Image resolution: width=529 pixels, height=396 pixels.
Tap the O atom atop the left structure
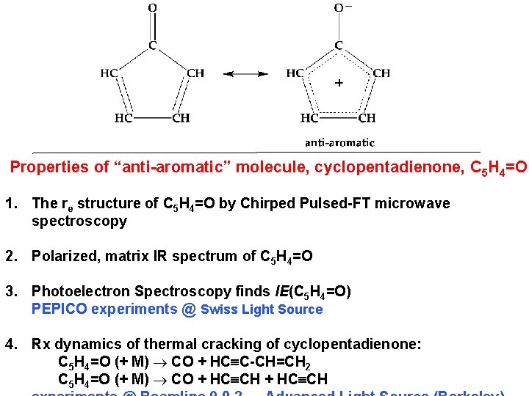[x=152, y=8]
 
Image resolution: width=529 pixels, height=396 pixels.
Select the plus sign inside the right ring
[x=339, y=83]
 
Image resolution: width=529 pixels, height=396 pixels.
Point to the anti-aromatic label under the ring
[x=339, y=142]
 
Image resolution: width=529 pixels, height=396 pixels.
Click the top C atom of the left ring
[x=152, y=45]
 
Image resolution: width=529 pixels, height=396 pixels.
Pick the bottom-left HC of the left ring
[x=123, y=117]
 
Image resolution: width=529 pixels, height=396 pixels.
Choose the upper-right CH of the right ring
[x=381, y=73]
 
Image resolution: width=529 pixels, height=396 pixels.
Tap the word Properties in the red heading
[x=49, y=167]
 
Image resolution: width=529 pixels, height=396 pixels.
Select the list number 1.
[x=10, y=203]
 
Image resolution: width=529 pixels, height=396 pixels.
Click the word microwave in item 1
[x=414, y=203]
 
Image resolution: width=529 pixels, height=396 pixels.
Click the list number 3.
[x=10, y=292]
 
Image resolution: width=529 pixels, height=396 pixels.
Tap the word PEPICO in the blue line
[x=59, y=309]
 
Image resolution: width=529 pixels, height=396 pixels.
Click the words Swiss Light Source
[x=262, y=309]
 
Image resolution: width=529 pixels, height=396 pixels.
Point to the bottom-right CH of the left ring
[x=181, y=117]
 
